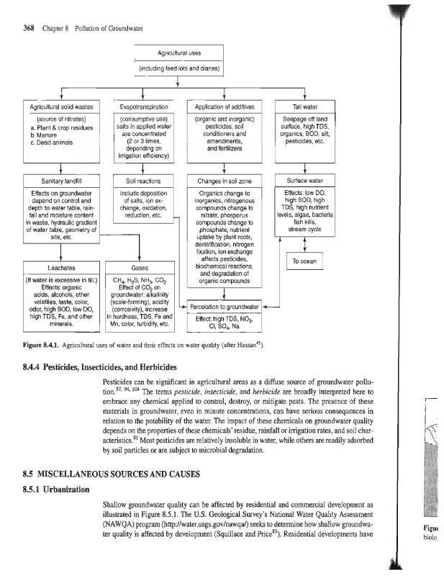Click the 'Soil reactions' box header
145,180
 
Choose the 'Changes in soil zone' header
227,180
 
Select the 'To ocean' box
304,263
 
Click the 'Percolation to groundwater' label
226,307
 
